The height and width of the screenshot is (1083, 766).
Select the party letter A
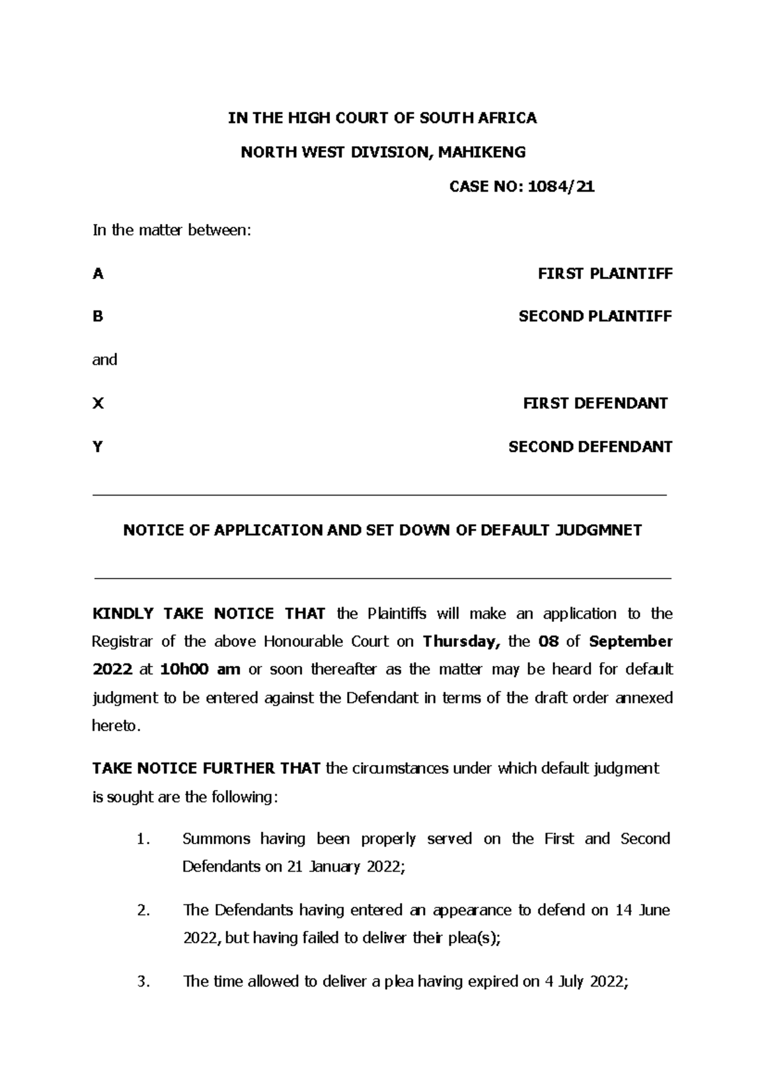pyautogui.click(x=98, y=274)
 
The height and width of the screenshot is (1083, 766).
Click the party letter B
pyautogui.click(x=98, y=317)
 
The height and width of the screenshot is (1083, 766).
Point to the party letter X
pyautogui.click(x=98, y=404)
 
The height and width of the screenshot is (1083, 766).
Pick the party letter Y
pyautogui.click(x=98, y=447)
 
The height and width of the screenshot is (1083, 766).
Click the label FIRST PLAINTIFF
pyautogui.click(x=605, y=274)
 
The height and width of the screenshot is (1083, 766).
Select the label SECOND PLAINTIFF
pyautogui.click(x=595, y=317)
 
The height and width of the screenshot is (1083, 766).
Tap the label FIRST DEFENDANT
pyautogui.click(x=595, y=404)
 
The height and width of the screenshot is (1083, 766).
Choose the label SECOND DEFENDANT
pyautogui.click(x=590, y=447)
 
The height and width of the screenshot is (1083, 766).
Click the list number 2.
pyautogui.click(x=144, y=911)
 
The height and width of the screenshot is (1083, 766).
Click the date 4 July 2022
pyautogui.click(x=586, y=982)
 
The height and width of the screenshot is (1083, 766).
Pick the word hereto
pyautogui.click(x=115, y=727)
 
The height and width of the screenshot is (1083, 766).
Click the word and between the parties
pyautogui.click(x=105, y=360)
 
